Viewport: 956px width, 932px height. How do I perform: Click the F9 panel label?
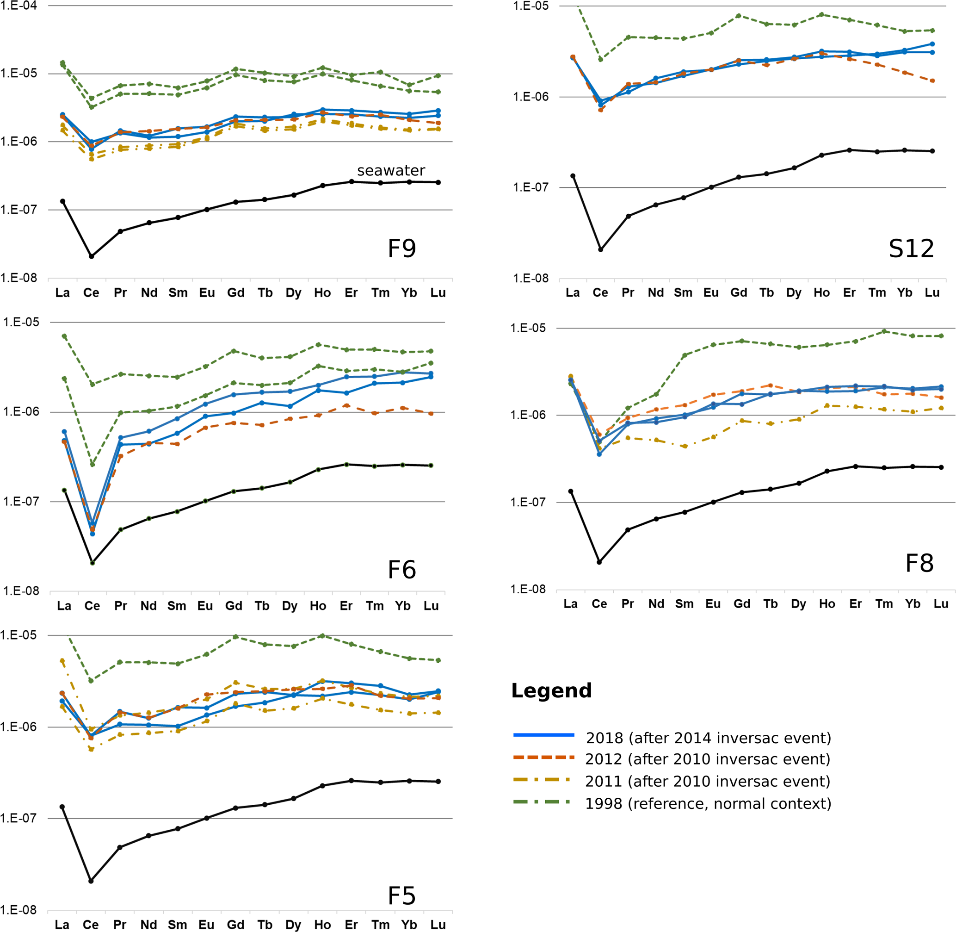[401, 249]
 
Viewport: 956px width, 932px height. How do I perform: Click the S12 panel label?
[911, 249]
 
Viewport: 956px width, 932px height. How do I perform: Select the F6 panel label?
[401, 570]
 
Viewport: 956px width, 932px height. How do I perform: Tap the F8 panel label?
[919, 563]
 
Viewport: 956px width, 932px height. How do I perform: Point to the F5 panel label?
[401, 896]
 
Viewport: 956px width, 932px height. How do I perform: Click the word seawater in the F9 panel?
[391, 170]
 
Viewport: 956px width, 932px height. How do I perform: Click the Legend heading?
[551, 691]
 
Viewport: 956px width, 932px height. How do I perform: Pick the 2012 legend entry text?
[708, 759]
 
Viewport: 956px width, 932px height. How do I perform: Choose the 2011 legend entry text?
[708, 781]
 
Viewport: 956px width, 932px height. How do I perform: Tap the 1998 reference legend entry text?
[708, 803]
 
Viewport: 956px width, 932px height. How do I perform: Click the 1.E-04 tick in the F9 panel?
[19, 6]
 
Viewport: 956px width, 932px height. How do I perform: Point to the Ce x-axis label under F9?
[91, 293]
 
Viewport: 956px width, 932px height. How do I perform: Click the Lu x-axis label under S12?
[932, 293]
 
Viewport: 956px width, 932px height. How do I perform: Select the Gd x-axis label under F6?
[234, 606]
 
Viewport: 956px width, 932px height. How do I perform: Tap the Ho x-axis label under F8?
[827, 604]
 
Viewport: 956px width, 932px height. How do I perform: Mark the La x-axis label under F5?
[62, 925]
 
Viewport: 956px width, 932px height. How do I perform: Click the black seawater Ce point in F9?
[92, 256]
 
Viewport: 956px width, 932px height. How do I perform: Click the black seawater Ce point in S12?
[601, 249]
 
